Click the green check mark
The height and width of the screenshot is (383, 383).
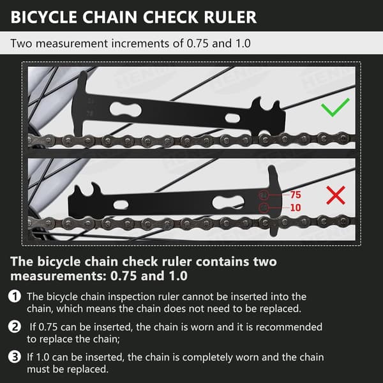coord(334,107)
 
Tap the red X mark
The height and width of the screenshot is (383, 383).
coord(336,195)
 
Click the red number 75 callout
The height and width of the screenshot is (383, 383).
coord(296,195)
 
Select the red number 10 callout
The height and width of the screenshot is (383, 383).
coord(296,207)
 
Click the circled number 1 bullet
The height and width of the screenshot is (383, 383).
coord(15,297)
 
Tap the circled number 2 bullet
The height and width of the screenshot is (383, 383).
coord(15,327)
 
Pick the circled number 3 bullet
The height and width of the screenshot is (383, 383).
coord(15,357)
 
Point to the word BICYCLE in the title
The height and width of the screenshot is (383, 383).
coord(43,17)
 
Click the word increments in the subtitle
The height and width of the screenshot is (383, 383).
coord(145,43)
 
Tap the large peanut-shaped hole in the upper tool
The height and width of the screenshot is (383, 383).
coord(126,110)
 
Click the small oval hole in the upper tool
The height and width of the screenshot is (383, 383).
coord(232,118)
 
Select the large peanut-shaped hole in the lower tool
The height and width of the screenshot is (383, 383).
coord(228,202)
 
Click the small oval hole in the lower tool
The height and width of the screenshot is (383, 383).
coord(121,205)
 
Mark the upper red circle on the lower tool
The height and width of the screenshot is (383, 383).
coord(264,195)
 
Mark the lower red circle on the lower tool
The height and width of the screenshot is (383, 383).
coord(264,208)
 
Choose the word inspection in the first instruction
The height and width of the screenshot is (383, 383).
coord(132,297)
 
